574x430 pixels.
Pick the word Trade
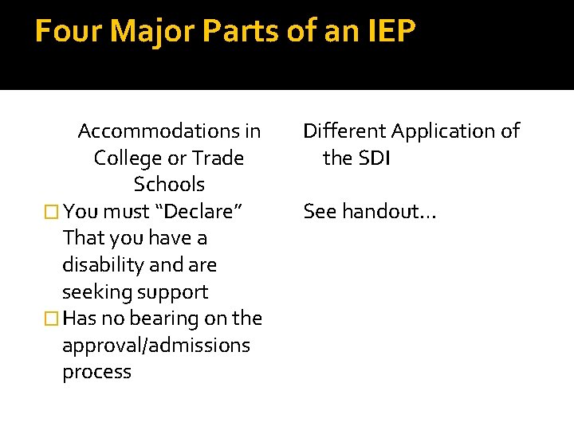pyautogui.click(x=218, y=158)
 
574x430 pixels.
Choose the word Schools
pyautogui.click(x=169, y=185)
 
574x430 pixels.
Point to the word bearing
pyautogui.click(x=163, y=319)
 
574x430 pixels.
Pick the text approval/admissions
pyautogui.click(x=156, y=346)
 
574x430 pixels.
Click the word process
pyautogui.click(x=96, y=372)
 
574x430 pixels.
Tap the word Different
pyautogui.click(x=343, y=131)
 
